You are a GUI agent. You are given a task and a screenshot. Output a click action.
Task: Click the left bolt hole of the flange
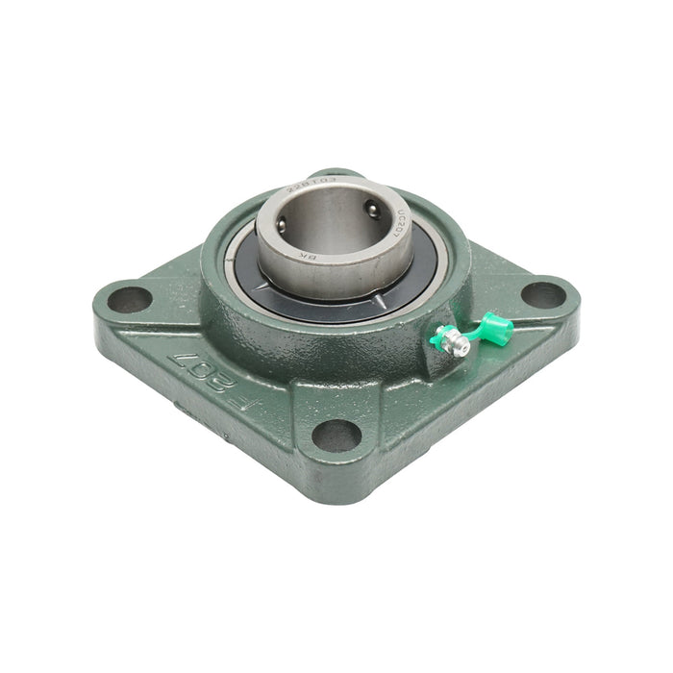click(129, 299)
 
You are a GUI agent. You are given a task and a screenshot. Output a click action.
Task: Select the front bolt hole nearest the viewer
click(337, 436)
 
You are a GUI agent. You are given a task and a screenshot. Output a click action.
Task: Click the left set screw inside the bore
click(282, 223)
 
